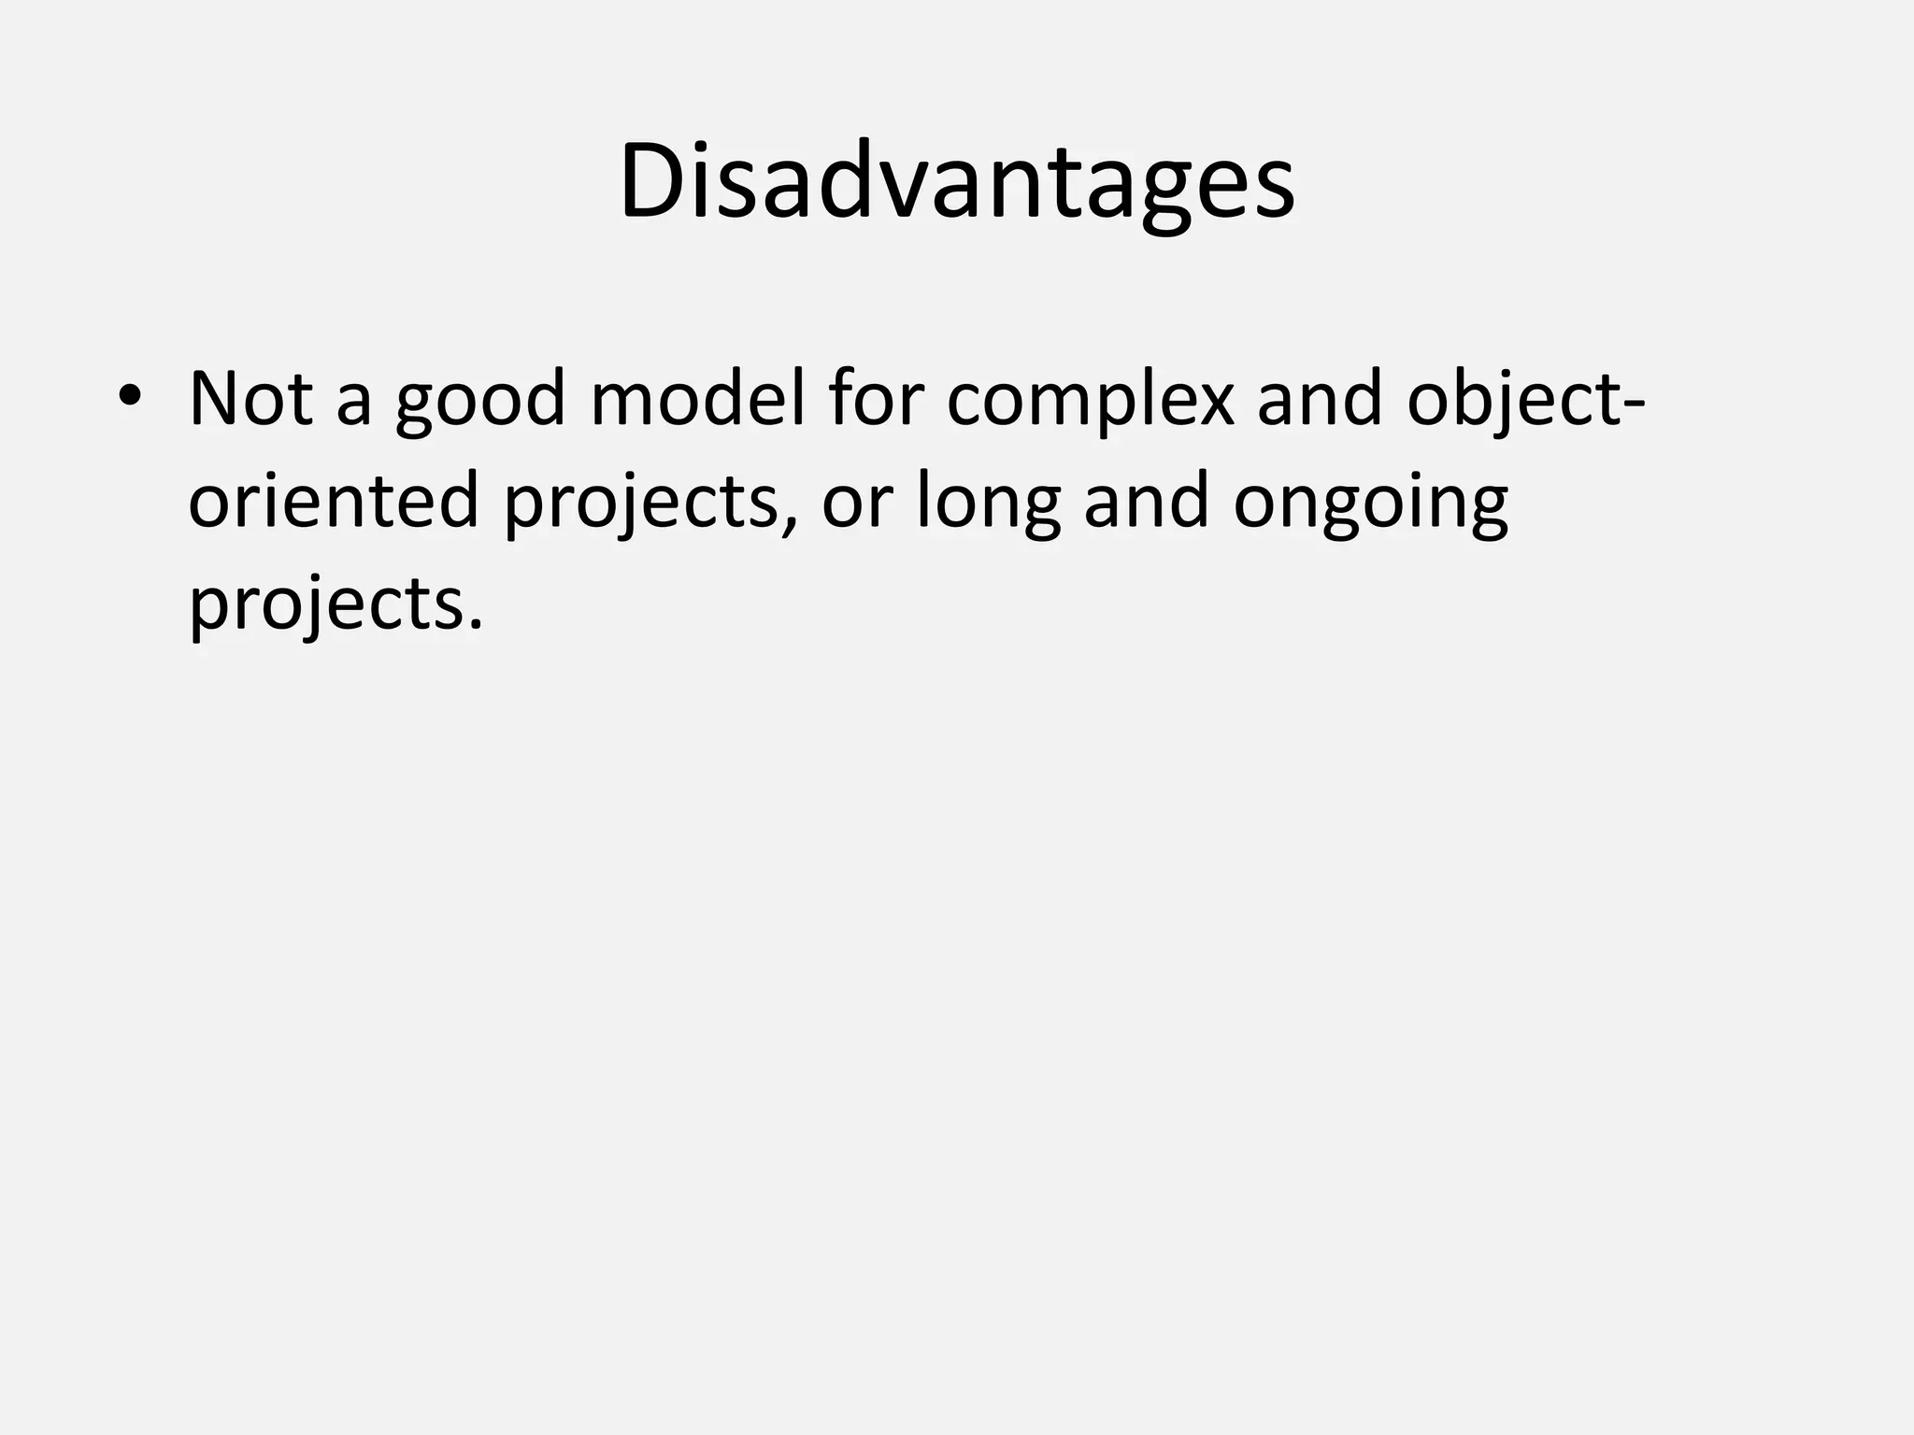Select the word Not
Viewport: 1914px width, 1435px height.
250,399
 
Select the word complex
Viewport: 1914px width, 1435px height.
1090,404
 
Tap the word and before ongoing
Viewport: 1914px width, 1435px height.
1147,502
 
